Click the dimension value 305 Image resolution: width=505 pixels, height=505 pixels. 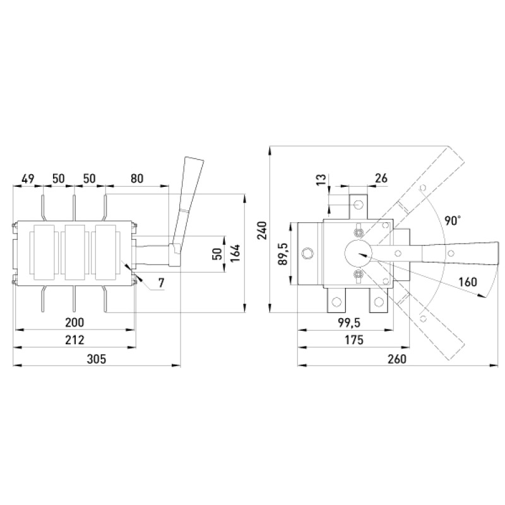97,359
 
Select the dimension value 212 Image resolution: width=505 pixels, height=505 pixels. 74,340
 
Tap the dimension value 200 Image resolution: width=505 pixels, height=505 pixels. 74,322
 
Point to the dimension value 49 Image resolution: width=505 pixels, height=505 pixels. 28,178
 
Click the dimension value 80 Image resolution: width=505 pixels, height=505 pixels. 137,178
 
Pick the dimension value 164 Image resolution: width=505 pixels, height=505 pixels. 235,253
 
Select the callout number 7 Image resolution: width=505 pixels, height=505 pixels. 162,283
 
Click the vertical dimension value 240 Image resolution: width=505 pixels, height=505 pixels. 263,230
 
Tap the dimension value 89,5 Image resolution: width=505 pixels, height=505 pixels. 282,254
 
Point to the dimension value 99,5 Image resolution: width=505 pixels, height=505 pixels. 350,322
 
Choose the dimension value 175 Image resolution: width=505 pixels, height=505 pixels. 354,340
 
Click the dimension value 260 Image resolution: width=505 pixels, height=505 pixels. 397,359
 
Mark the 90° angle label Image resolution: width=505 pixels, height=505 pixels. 453,220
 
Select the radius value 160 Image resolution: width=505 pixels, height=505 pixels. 468,282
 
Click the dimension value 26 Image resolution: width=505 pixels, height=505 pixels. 381,178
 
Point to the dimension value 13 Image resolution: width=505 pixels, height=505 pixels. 321,179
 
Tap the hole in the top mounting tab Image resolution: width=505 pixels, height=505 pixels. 358,204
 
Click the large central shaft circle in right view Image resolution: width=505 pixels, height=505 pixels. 359,254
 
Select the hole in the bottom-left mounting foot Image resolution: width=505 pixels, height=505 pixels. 336,302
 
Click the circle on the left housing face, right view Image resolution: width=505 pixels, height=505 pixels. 307,253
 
